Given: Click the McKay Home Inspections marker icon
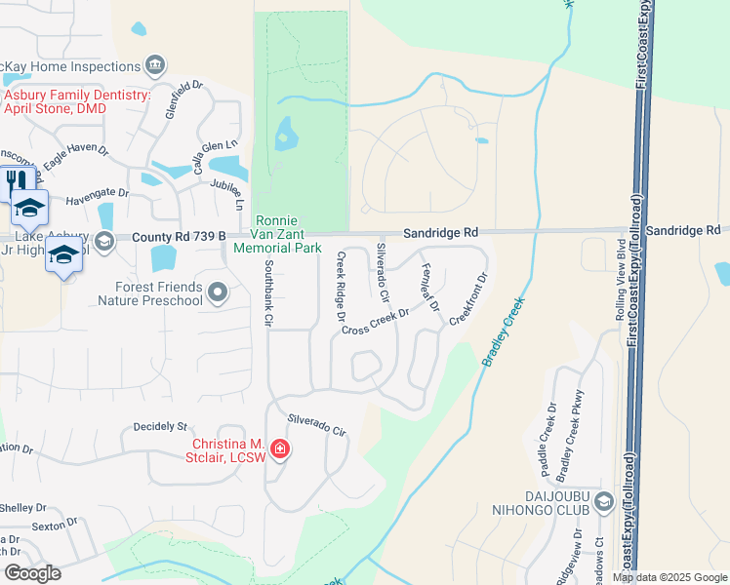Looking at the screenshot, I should pos(154,66).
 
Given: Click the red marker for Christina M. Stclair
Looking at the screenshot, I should pos(280,448).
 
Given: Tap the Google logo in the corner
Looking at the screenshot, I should pos(32,573).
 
